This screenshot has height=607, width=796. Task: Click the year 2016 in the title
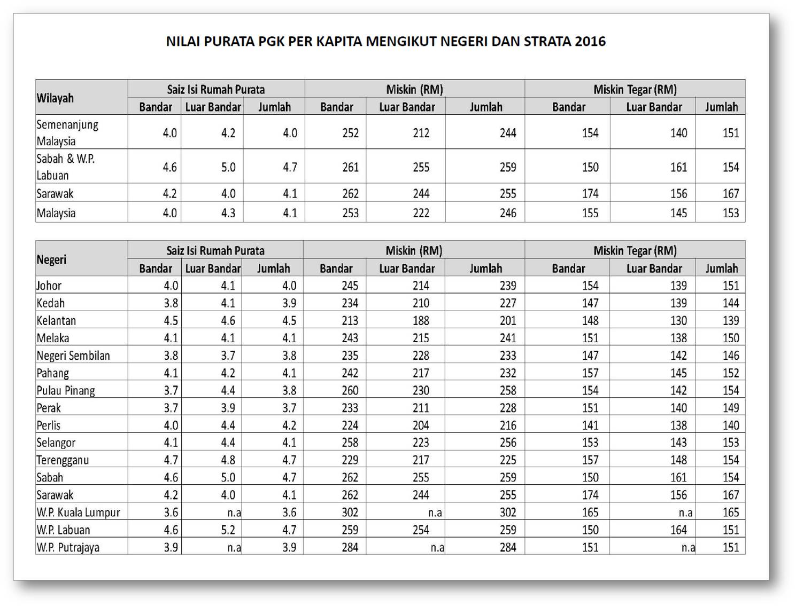click(x=590, y=41)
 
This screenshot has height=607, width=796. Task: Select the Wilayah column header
click(x=55, y=98)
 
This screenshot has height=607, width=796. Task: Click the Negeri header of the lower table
click(x=51, y=259)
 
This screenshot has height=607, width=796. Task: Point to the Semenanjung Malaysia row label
click(x=67, y=132)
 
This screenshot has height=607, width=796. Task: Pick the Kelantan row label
click(x=56, y=320)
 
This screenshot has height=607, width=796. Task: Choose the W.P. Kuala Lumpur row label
click(x=78, y=513)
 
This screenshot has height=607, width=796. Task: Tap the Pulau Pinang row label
click(x=66, y=390)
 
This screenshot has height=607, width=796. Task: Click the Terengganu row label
click(x=63, y=460)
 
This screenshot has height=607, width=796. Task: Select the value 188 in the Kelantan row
click(x=421, y=320)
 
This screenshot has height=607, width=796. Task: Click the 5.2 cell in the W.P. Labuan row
click(x=228, y=530)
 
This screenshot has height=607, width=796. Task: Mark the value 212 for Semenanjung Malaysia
click(x=421, y=133)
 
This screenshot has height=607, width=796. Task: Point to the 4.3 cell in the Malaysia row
click(x=228, y=213)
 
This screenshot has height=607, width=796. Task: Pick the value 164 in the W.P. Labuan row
click(x=678, y=530)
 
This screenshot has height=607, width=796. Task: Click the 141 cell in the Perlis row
click(x=590, y=425)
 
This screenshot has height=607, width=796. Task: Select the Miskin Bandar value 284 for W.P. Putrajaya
click(x=350, y=547)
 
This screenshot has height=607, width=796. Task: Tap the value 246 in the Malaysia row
click(x=508, y=213)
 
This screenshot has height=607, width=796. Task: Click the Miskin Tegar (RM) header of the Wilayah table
click(x=635, y=89)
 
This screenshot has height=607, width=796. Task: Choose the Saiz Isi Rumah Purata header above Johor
click(x=215, y=250)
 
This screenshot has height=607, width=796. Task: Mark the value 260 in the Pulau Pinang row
click(x=350, y=390)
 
